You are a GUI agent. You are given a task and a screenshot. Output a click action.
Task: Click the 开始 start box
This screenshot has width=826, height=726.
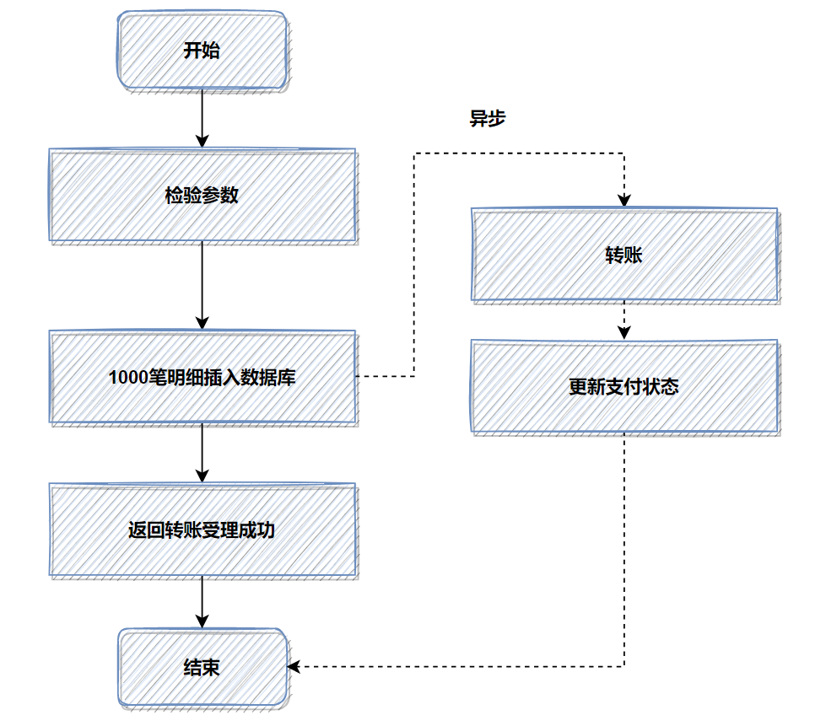(202, 51)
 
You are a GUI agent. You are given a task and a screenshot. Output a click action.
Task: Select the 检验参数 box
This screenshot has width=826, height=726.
(202, 196)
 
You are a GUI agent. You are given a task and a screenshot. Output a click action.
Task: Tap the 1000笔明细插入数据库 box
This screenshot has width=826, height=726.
(202, 377)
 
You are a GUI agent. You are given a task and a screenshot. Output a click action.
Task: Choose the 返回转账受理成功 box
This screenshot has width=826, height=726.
(202, 530)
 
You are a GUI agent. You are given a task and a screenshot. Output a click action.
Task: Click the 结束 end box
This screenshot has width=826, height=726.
(202, 668)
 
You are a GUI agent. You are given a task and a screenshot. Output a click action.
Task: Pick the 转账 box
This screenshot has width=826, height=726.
(624, 255)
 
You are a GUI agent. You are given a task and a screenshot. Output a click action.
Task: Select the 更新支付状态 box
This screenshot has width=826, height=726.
(624, 387)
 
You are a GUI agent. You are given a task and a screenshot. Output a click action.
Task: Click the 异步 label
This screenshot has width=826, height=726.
(487, 119)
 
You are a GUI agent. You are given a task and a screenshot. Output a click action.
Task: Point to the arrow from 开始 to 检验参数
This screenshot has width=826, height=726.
(202, 118)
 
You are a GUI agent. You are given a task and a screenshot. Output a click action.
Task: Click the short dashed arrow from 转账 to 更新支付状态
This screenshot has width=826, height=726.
(624, 320)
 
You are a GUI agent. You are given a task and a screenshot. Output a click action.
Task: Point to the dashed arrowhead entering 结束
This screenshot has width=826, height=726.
(294, 667)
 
